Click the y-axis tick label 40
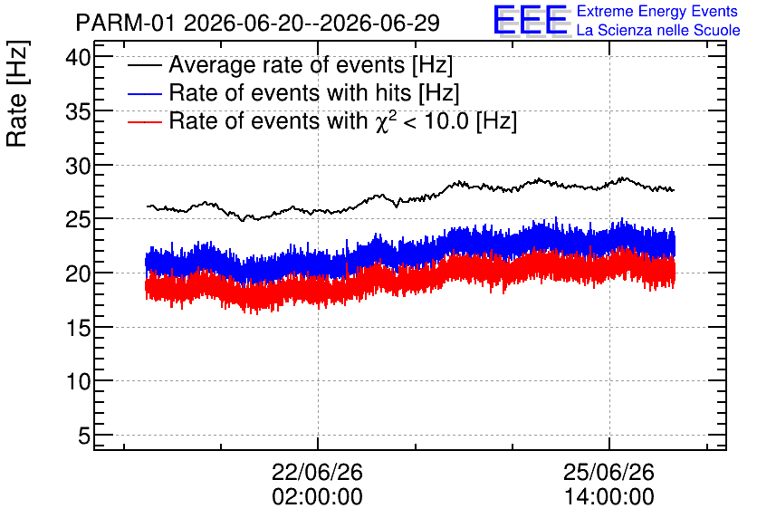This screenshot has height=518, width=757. coord(78,59)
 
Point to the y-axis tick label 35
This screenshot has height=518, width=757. coord(78,113)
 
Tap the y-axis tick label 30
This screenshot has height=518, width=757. coord(78,167)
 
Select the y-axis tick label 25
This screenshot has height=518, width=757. coord(78,221)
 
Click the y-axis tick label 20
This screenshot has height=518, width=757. coord(78,274)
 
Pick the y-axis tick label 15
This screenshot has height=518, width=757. coord(78,329)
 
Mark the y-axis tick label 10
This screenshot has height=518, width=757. coord(78,382)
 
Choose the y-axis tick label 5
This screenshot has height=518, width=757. coord(84,436)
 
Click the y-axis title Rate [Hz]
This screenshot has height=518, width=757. coord(17,93)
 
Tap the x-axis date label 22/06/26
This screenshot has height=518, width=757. coord(317,472)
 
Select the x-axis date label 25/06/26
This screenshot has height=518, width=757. coord(608,472)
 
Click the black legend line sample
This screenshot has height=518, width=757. coord(144,65)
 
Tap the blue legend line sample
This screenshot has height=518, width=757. coord(144,93)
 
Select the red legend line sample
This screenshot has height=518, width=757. coord(144,121)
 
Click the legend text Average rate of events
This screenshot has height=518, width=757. coord(287,65)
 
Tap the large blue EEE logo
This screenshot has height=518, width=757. coord(531,20)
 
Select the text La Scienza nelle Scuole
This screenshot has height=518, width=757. coord(658,31)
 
